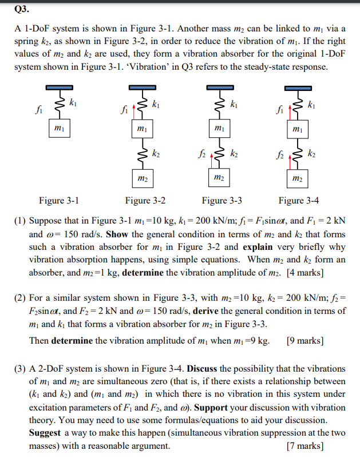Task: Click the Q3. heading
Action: tap(21, 10)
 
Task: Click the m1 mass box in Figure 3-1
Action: tap(58, 128)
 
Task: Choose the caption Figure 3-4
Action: tap(298, 201)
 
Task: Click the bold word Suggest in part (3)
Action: tap(46, 433)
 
